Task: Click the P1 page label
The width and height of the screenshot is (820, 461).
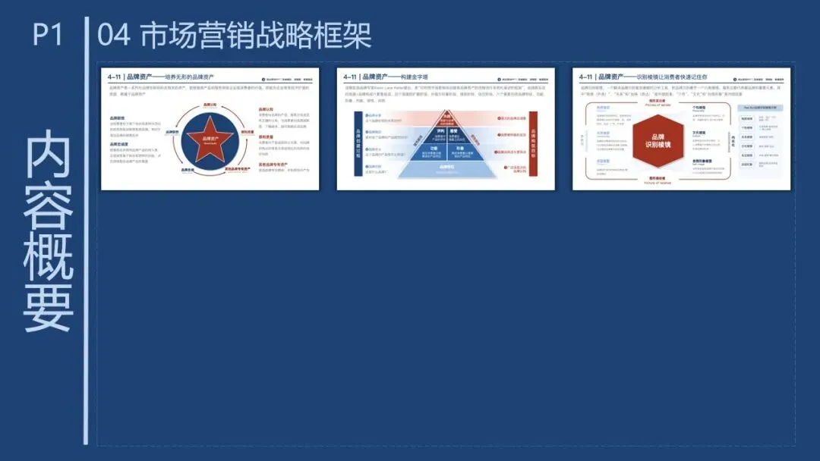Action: [x=48, y=35]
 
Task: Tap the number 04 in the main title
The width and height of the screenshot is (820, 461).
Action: [x=115, y=35]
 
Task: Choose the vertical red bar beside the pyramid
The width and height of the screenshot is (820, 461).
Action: [x=533, y=143]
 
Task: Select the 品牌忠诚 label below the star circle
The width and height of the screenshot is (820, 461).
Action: [x=188, y=171]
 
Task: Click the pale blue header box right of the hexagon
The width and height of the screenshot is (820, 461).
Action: [x=759, y=108]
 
